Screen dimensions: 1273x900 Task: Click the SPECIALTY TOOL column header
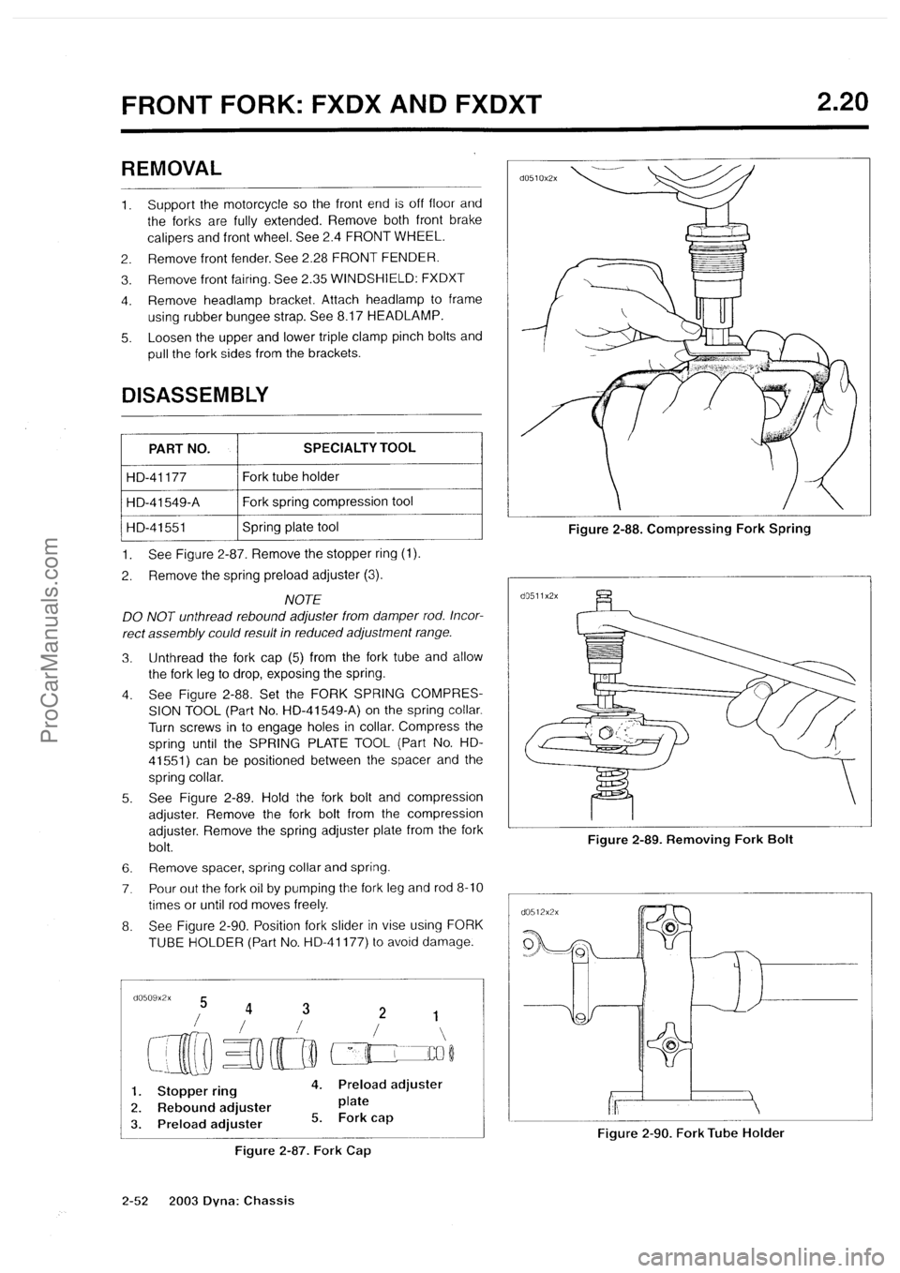(359, 448)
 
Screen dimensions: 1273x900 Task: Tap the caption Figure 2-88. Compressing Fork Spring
(688, 529)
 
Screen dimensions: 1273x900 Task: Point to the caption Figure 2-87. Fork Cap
(301, 1150)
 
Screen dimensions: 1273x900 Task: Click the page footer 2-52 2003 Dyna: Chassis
(208, 1200)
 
